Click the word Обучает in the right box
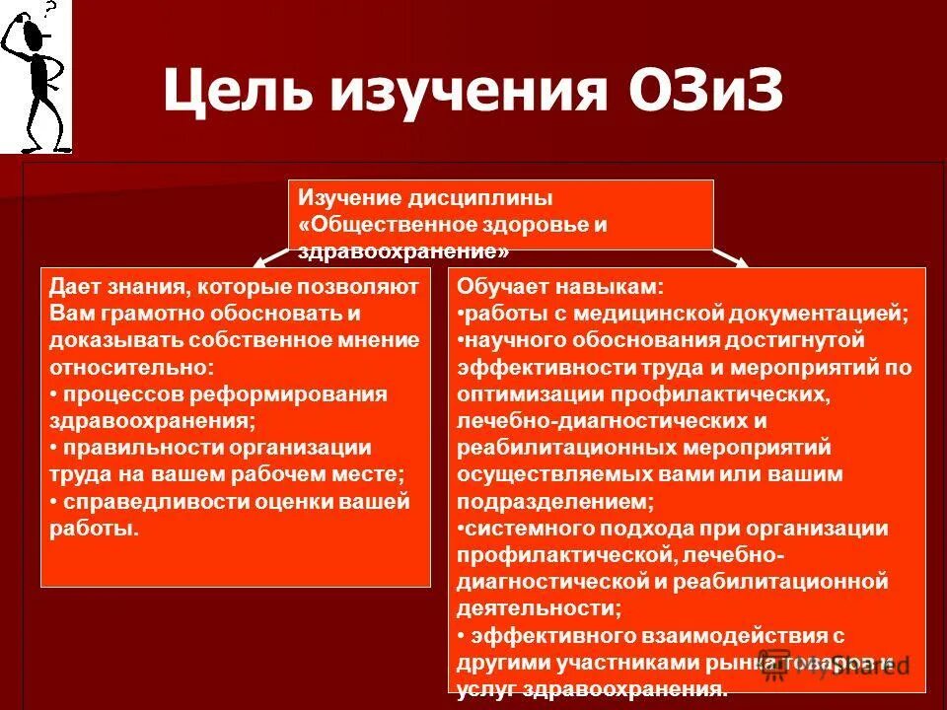(499, 287)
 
